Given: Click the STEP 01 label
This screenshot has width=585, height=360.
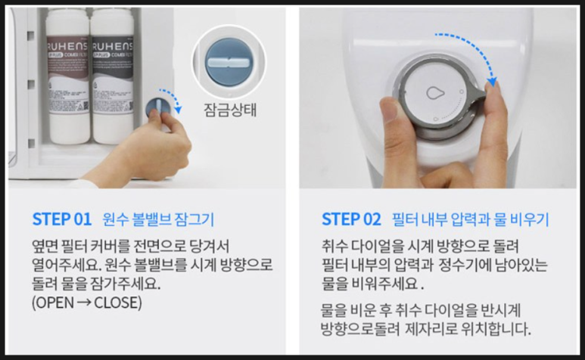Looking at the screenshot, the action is click(x=62, y=219).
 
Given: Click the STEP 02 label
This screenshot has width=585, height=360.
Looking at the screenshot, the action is click(x=351, y=219).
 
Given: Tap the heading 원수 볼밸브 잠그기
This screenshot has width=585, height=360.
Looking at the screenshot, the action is click(x=159, y=219).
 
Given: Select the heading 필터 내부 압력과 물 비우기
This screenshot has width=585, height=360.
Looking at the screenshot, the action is click(x=471, y=219).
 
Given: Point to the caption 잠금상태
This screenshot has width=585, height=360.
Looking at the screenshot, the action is click(x=230, y=110).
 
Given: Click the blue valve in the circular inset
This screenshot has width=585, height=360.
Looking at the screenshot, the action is click(x=229, y=62).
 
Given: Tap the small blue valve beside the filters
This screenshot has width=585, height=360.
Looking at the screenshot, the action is click(x=157, y=108).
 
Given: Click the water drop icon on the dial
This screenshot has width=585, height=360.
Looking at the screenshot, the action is click(x=433, y=92).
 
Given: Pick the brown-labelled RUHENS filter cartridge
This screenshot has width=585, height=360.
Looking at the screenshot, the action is click(x=67, y=76).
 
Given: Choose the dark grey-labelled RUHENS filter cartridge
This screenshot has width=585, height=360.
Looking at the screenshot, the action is click(x=113, y=76).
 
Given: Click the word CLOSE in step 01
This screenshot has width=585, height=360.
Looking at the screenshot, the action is click(x=117, y=303).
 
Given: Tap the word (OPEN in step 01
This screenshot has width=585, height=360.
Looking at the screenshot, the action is click(x=53, y=303).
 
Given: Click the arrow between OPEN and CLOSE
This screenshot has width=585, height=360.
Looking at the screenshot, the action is click(x=84, y=303).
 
